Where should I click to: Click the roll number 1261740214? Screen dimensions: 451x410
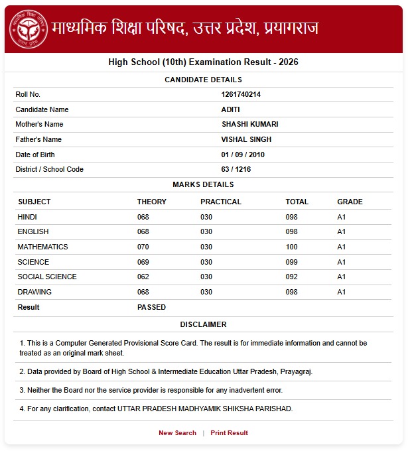(241, 94)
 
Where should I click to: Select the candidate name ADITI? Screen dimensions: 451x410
(230, 109)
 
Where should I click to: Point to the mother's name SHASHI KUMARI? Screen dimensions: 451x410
(249, 124)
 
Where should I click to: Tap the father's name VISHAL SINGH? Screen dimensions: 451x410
(246, 139)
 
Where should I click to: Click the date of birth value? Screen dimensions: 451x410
(243, 155)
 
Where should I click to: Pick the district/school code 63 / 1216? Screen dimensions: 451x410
(236, 169)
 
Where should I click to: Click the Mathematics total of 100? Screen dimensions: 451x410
(292, 247)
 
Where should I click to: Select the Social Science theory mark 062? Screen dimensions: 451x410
(143, 277)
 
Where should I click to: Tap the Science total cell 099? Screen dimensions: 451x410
(292, 262)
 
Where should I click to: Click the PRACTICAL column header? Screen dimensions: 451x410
(221, 202)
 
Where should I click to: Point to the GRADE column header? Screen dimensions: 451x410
(350, 202)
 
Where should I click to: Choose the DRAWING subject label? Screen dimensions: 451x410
(34, 292)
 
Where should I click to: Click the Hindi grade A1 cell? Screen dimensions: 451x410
(342, 217)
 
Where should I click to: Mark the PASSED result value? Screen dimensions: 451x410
(151, 307)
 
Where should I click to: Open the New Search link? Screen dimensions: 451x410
(177, 433)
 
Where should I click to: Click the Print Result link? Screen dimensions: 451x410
(229, 433)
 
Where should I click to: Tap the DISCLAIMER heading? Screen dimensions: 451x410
(203, 324)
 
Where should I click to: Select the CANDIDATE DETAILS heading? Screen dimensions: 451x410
(203, 80)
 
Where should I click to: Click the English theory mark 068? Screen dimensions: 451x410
(143, 231)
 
